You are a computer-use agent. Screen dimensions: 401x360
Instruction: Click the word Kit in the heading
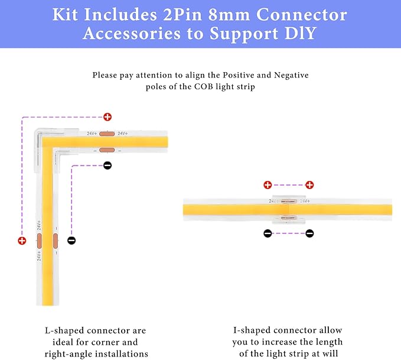65,14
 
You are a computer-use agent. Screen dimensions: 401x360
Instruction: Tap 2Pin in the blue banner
182,14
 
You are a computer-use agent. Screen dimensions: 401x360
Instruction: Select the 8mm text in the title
229,15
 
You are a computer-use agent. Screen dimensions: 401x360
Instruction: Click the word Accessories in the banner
132,33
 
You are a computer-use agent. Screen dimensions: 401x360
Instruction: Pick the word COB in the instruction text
204,86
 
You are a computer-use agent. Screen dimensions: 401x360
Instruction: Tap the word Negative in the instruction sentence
291,75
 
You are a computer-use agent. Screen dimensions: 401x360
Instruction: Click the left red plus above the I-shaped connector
268,185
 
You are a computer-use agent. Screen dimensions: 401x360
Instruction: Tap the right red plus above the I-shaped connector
309,185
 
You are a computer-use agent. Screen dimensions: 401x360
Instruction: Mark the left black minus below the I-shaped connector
268,233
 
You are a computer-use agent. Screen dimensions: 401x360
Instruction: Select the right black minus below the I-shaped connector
309,233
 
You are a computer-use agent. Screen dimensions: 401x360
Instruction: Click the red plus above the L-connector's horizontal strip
107,117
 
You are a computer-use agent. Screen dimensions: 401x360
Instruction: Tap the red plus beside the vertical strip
22,241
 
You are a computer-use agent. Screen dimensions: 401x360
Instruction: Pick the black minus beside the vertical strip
71,241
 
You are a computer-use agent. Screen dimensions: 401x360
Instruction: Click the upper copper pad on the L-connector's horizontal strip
107,134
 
